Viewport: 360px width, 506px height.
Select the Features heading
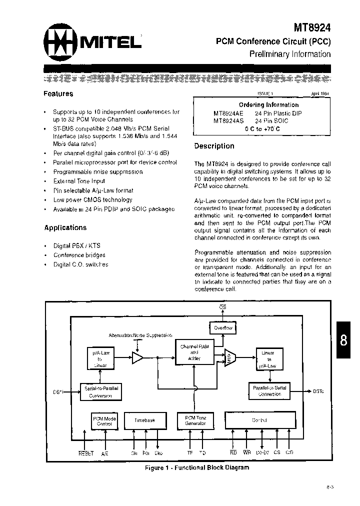[x=58, y=93]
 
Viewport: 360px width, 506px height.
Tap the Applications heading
[x=65, y=227]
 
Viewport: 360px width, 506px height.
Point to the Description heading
[x=214, y=146]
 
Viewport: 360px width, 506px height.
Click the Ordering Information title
[x=268, y=105]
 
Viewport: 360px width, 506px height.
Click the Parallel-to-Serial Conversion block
[x=270, y=390]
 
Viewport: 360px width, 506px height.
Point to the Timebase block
[x=145, y=420]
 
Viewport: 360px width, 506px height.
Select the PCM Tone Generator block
[x=195, y=420]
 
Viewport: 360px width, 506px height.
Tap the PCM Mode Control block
[x=104, y=421]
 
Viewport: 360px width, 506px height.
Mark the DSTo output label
[x=318, y=391]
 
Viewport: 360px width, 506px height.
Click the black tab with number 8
[x=344, y=341]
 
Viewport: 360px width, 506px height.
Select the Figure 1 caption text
[x=196, y=467]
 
